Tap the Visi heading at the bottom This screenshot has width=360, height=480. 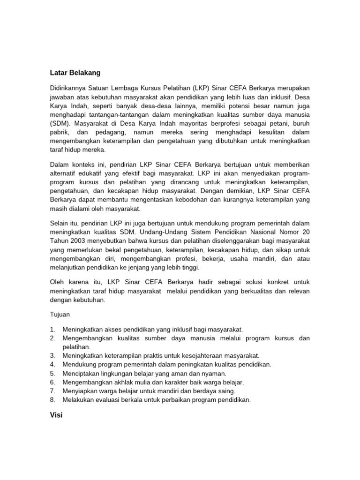56,415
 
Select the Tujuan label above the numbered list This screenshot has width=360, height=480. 60,315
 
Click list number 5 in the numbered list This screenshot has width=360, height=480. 53,374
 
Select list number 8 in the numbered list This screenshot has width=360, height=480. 53,400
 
